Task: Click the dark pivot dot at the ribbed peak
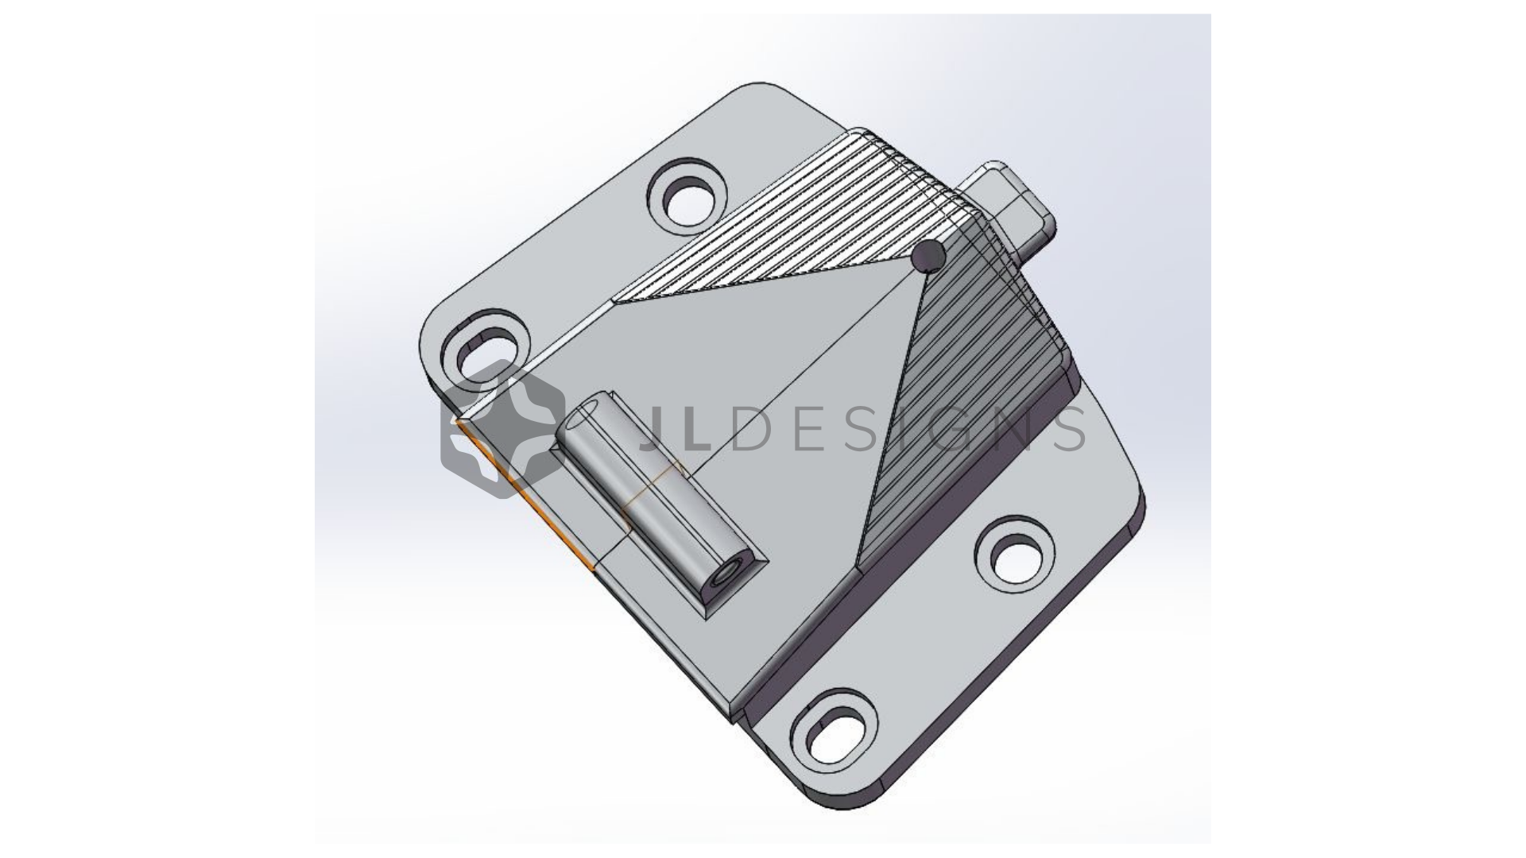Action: pos(928,256)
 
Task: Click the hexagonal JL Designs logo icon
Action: pos(503,429)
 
